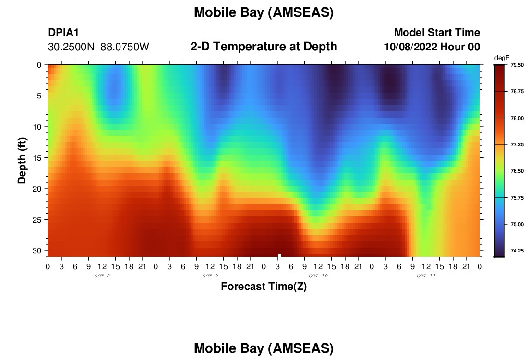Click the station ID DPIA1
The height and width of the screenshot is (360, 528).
click(x=63, y=32)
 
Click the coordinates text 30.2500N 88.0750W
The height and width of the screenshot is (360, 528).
click(x=98, y=47)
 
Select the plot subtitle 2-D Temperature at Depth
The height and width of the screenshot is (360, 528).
click(x=264, y=47)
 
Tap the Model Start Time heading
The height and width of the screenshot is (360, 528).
click(x=437, y=32)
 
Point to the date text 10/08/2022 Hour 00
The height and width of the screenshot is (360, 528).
click(x=432, y=47)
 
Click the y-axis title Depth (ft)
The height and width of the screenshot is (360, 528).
click(x=22, y=160)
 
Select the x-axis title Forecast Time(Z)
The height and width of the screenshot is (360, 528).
click(x=264, y=286)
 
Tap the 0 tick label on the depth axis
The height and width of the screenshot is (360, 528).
click(x=39, y=65)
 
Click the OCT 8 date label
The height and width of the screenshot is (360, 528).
click(x=102, y=276)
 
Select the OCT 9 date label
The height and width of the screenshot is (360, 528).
click(x=210, y=276)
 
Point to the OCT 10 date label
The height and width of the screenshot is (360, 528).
click(x=318, y=276)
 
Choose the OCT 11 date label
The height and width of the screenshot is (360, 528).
click(x=426, y=276)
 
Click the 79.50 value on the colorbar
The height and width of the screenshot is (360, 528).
click(x=517, y=65)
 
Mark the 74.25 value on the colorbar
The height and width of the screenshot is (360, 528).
click(x=517, y=251)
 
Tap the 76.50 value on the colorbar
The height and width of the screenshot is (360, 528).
click(x=517, y=171)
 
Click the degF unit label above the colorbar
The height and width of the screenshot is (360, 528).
click(x=502, y=58)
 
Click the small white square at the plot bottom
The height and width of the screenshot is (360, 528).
click(x=279, y=255)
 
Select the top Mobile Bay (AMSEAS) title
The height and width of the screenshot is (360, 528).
click(x=264, y=12)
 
